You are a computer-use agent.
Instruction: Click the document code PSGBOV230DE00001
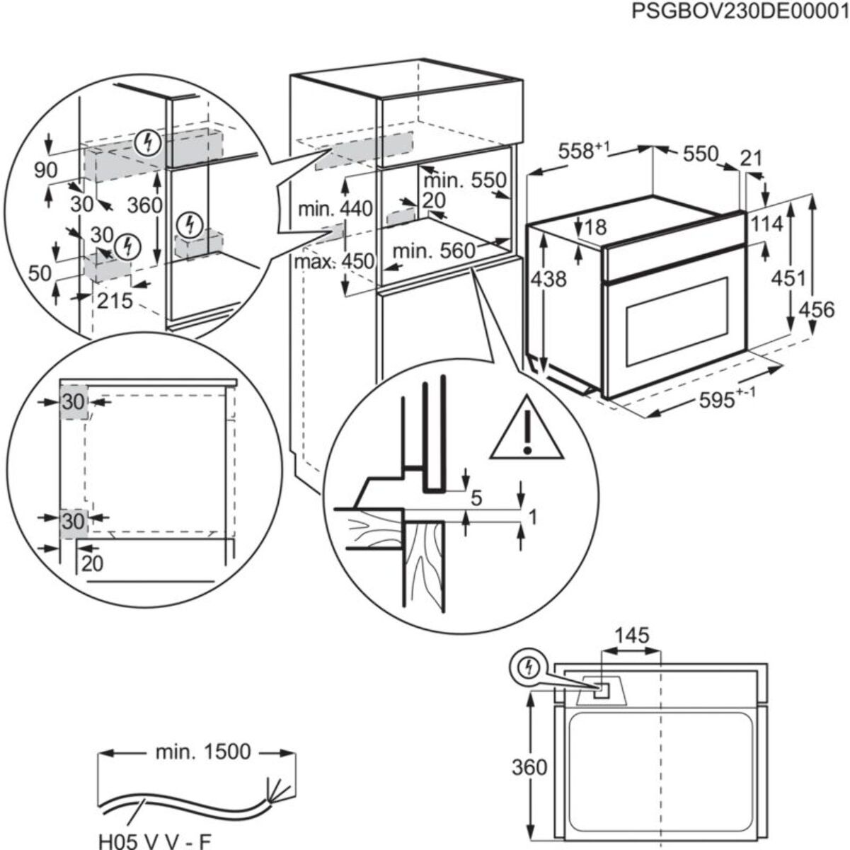[x=740, y=13]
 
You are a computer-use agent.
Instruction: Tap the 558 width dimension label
[x=582, y=151]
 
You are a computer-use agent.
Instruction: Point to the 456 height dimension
[x=817, y=309]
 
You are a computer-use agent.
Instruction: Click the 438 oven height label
[x=549, y=279]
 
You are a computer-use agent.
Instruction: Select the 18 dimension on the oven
[x=596, y=227]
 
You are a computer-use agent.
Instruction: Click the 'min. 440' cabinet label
[x=334, y=209]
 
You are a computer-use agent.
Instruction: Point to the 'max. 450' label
[x=334, y=261]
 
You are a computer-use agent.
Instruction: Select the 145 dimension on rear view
[x=631, y=636]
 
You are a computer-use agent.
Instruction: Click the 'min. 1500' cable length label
[x=202, y=751]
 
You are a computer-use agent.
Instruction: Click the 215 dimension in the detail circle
[x=115, y=301]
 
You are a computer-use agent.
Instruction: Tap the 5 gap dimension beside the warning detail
[x=476, y=498]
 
